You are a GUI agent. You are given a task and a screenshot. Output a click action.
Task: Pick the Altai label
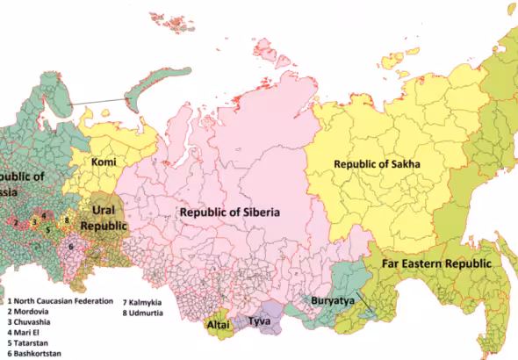[218, 324]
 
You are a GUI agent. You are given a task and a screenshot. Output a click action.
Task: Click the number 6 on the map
[70, 247]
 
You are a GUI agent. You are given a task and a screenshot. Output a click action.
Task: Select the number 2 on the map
[15, 222]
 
